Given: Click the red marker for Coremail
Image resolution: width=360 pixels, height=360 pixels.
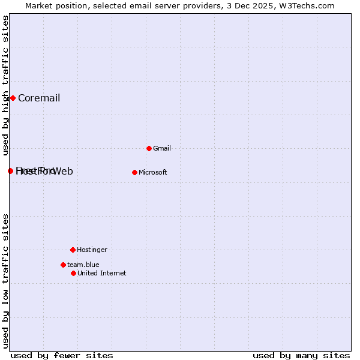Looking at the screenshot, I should pos(13,98).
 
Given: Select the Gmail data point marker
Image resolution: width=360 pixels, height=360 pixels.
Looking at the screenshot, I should pos(149,148).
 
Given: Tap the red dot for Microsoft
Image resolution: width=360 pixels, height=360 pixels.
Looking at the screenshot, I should pos(134,172).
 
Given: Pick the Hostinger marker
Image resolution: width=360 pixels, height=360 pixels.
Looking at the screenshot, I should pos(73,250).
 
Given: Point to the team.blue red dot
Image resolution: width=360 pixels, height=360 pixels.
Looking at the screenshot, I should pos(63,265).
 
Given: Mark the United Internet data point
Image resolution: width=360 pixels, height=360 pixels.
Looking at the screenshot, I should pos(73,273).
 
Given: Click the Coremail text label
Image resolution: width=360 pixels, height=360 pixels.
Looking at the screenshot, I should pos(39,98).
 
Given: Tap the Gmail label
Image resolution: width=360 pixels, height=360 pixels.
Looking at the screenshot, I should pos(162,148).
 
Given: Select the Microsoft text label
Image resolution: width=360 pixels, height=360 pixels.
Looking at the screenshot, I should pos(152,172).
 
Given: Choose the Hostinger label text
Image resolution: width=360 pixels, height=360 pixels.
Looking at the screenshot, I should pos(92,250).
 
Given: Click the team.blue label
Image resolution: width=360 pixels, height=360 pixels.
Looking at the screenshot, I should pos(83,265).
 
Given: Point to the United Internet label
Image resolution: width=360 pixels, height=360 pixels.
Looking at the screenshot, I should pos(101,273).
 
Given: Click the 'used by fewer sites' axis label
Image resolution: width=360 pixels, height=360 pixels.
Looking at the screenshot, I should pos(62,355).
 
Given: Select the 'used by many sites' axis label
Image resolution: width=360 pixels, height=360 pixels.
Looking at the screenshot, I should pos(301,355).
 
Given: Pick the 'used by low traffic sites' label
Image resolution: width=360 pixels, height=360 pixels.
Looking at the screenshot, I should pos(5,281).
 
